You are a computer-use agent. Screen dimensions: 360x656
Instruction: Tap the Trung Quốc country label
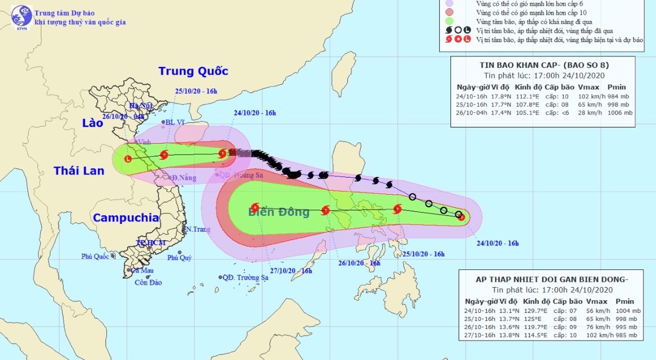click(193, 71)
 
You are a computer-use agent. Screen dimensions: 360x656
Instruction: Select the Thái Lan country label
click(79, 171)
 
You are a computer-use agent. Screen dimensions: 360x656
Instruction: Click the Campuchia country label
click(126, 218)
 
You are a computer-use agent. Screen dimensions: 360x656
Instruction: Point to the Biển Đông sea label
click(279, 212)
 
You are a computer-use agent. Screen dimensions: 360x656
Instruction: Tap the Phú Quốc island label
click(93, 256)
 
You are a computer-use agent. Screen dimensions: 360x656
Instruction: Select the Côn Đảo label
click(149, 282)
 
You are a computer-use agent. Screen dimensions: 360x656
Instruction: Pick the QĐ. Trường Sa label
click(246, 277)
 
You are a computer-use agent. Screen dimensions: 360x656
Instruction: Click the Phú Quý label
click(179, 257)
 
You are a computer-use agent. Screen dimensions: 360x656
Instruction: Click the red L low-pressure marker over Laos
click(128, 159)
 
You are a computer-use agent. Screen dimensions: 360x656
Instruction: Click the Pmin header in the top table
click(616, 87)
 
